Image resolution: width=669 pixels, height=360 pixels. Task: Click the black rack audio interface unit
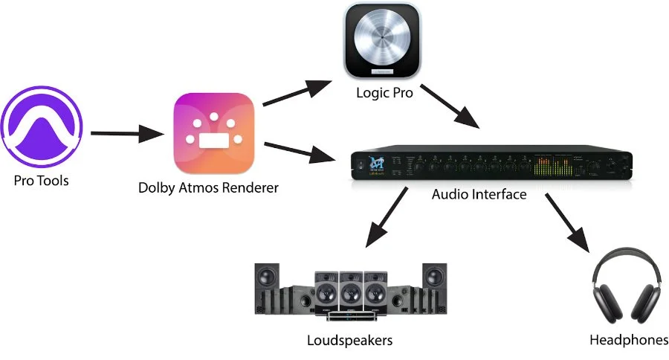tap(491, 164)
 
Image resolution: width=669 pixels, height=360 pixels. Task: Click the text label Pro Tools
tap(42, 180)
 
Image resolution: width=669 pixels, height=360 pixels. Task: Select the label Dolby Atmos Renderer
tap(208, 187)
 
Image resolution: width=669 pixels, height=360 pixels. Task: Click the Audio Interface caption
tap(479, 195)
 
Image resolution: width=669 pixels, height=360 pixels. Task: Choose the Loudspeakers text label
tap(349, 341)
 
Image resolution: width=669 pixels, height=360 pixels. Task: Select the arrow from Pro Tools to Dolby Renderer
tap(126, 135)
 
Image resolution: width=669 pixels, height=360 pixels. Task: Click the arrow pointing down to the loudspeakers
tap(385, 220)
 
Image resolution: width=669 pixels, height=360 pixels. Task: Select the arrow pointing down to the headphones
tap(568, 222)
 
